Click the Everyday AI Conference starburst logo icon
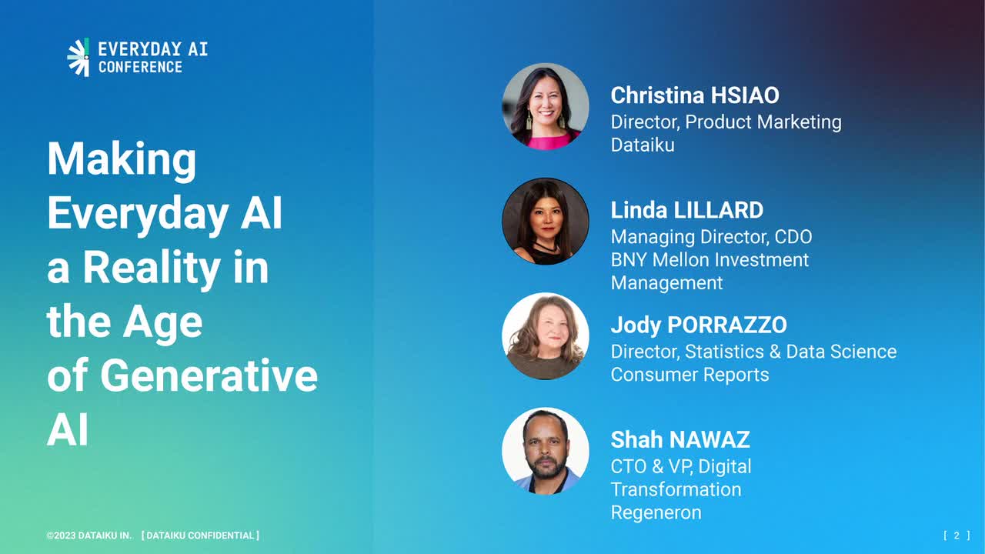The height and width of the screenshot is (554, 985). (78, 57)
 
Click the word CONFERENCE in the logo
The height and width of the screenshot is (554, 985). (140, 67)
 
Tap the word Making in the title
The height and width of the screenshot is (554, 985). (122, 160)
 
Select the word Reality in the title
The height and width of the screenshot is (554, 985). (152, 268)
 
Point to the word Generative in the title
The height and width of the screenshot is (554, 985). (209, 376)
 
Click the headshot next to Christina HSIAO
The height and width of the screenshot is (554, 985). (546, 106)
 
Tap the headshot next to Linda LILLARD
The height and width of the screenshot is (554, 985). (546, 221)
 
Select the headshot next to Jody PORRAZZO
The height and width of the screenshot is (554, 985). (546, 336)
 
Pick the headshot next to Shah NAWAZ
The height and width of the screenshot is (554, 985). (546, 451)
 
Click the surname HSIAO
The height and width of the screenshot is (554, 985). (745, 95)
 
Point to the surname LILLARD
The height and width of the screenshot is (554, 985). (719, 210)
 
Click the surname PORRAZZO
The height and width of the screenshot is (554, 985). (727, 325)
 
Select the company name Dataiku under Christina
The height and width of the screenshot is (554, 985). (643, 145)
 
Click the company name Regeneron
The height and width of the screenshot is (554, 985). (656, 512)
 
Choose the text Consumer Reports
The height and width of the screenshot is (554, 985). (690, 375)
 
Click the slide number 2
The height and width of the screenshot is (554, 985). (957, 536)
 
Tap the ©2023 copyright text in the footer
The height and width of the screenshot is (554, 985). (88, 536)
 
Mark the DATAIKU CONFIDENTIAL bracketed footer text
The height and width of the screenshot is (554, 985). (200, 536)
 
